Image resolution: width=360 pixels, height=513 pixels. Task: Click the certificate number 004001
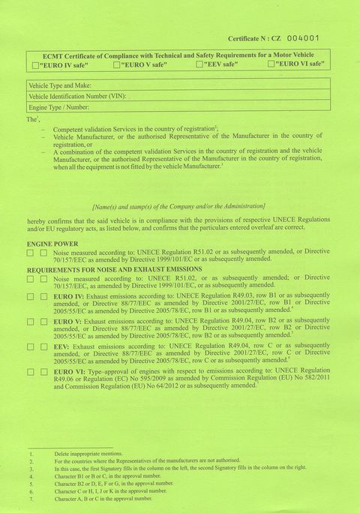click(302, 37)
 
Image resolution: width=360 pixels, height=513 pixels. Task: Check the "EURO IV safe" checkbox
click(34, 65)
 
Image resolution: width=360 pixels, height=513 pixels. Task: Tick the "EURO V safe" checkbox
click(116, 65)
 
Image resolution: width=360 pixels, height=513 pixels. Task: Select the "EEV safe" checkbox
click(199, 65)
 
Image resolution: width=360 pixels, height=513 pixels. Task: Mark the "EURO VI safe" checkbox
click(271, 65)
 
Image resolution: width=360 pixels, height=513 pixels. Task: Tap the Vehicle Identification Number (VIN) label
click(77, 97)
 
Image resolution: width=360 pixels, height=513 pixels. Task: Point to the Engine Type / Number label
click(58, 108)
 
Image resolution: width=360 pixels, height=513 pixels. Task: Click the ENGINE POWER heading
click(52, 244)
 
